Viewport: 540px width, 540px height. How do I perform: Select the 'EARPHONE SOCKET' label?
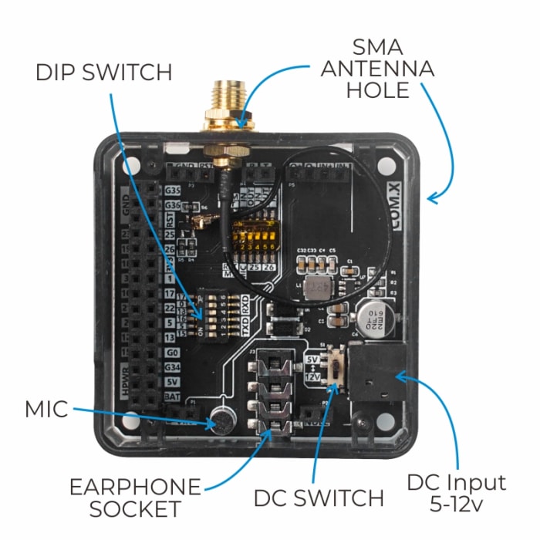[135, 498]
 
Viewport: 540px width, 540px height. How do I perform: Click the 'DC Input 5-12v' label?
[456, 494]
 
